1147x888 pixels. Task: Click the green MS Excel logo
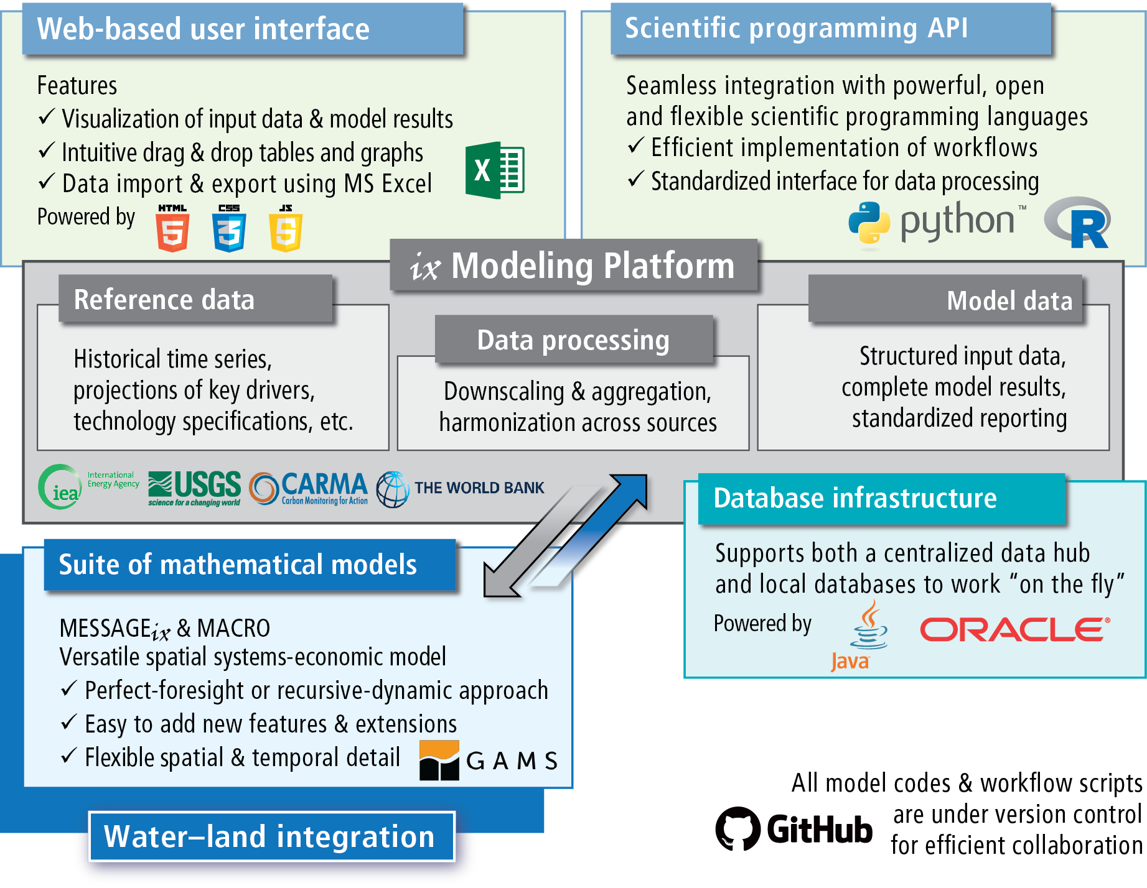coord(495,170)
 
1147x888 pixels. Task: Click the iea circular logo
coord(60,488)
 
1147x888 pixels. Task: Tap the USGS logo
coord(194,488)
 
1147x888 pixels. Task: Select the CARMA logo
coord(309,488)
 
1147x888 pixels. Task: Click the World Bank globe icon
coord(393,489)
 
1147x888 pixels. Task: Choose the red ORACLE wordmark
coord(1014,629)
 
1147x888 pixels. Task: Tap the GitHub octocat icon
coord(737,828)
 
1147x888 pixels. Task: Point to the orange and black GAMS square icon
coord(439,760)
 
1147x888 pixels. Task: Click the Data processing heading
coord(573,340)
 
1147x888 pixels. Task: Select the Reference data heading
coord(164,300)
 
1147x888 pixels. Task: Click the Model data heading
coord(1009,301)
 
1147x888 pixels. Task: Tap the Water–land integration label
coord(269,836)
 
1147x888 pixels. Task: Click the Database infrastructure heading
coord(854,498)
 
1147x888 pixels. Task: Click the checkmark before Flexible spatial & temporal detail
coord(68,756)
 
